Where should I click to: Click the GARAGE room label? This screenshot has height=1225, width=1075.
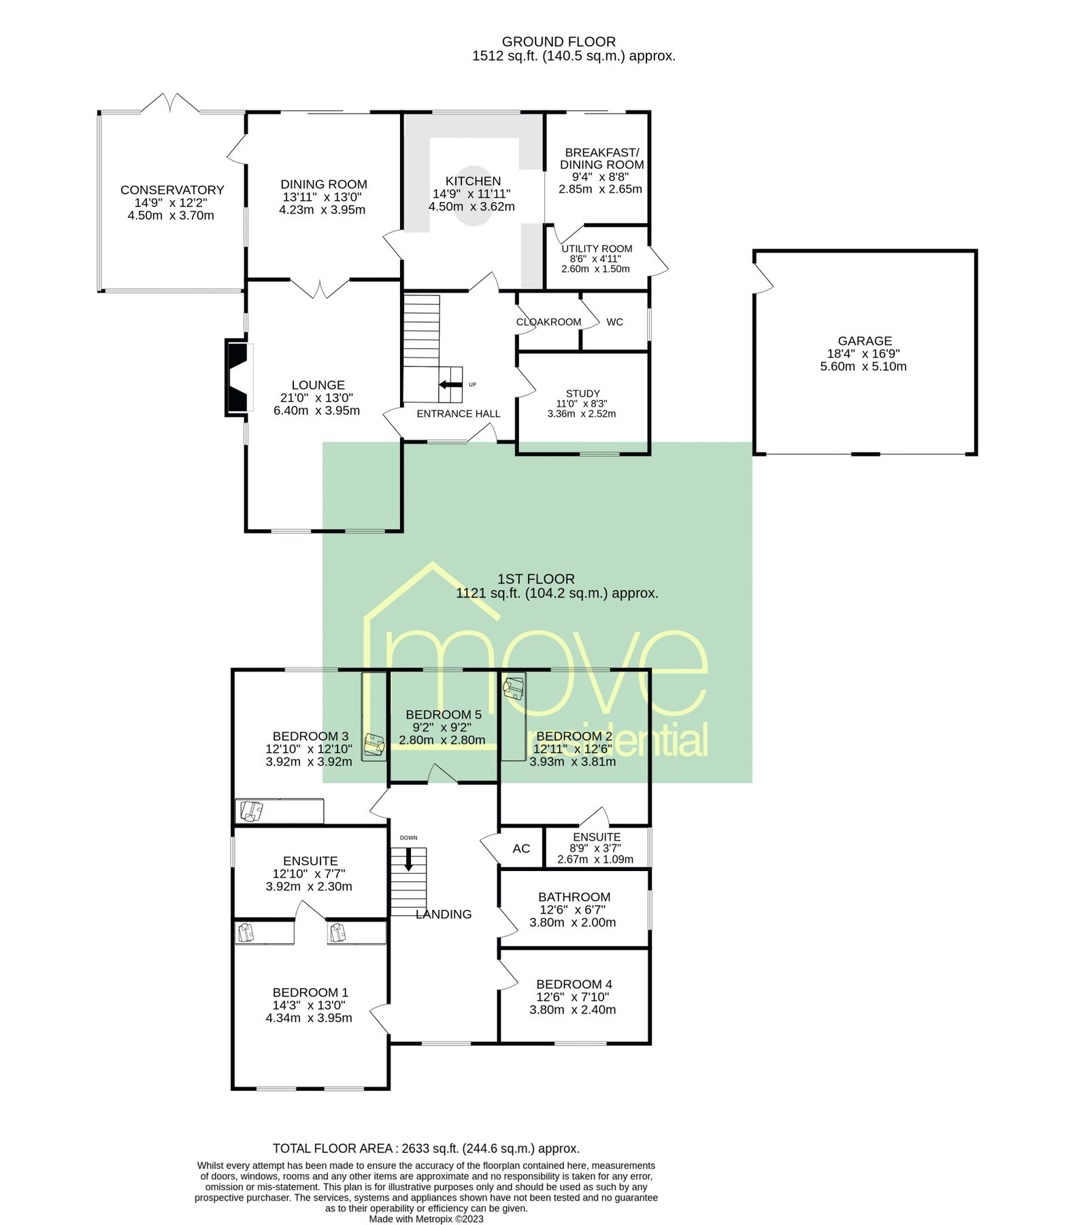864,341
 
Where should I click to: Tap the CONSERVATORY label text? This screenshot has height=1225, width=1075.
172,190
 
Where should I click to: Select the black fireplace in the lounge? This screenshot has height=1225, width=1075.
237,377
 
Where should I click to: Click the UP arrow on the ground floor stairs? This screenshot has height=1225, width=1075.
450,385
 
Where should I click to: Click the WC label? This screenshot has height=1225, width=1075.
614,322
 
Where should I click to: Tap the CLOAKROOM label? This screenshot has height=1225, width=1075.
548,322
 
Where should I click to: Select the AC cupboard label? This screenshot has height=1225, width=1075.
521,849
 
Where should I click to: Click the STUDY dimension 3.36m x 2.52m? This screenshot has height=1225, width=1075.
582,414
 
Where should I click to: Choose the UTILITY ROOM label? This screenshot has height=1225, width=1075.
597,249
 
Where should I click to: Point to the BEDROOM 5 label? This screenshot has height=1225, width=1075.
444,715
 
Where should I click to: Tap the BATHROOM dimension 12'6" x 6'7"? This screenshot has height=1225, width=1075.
572,910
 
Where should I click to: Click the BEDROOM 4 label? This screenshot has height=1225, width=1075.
574,984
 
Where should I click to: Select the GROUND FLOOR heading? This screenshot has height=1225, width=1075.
559,42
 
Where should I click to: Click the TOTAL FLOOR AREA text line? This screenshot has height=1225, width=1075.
426,1149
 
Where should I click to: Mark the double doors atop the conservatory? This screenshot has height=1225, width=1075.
170,103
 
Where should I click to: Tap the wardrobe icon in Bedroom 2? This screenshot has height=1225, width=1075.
514,687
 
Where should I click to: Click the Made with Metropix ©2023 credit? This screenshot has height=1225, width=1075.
426,1219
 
